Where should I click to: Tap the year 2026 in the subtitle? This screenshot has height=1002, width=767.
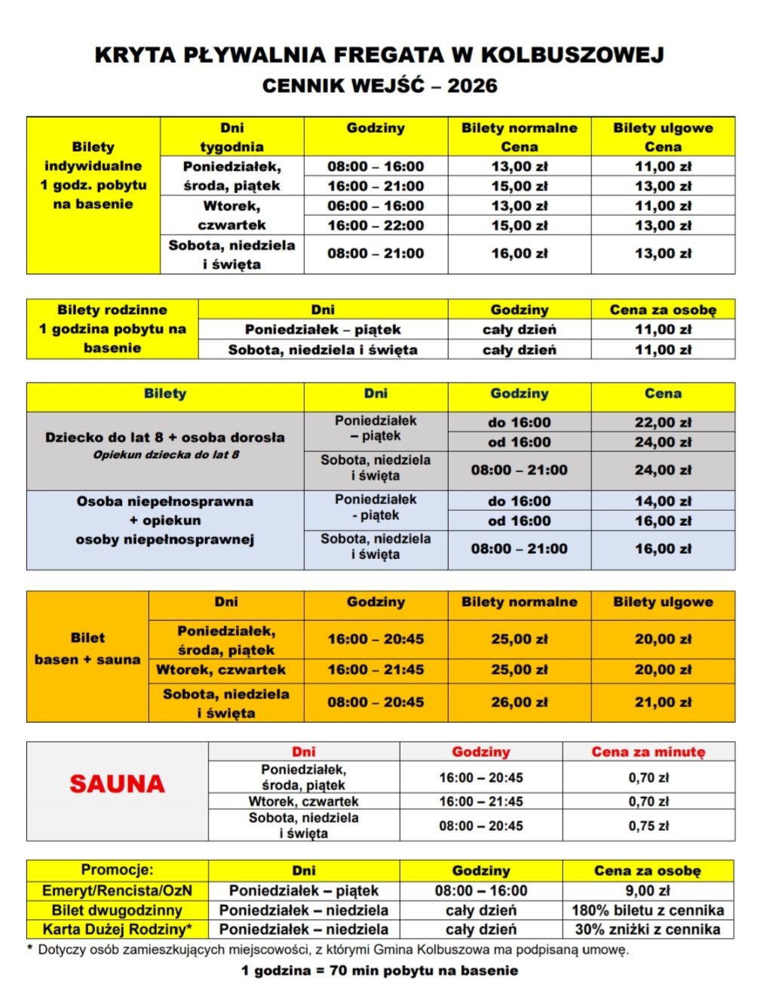point(472,86)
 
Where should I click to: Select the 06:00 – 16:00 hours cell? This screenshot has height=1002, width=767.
point(376,206)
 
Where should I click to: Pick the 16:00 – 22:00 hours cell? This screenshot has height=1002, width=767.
point(376,226)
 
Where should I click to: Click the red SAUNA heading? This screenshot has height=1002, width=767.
point(117,784)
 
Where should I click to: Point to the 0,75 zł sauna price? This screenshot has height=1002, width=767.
point(648,825)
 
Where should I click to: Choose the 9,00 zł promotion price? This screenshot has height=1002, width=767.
point(648,890)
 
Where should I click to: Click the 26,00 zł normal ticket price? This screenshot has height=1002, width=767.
point(519,702)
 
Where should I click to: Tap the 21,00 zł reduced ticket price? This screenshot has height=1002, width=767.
point(662,702)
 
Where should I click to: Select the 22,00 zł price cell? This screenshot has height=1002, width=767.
point(662,423)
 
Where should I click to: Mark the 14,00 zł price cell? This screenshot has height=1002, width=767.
point(662,501)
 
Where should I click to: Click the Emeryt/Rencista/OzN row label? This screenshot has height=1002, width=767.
point(117,890)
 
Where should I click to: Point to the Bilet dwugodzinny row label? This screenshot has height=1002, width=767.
point(117,910)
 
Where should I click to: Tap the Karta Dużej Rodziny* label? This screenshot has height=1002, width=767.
point(117,930)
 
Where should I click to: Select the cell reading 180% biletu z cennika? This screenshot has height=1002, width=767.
point(648,910)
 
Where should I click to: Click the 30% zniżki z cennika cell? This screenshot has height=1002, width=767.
point(648,930)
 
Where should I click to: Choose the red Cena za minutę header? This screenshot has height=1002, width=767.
point(648,751)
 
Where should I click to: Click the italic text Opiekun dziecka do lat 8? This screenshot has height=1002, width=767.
point(166,454)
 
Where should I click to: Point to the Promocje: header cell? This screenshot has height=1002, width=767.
point(117,869)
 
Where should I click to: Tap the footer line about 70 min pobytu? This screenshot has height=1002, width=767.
point(379,970)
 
